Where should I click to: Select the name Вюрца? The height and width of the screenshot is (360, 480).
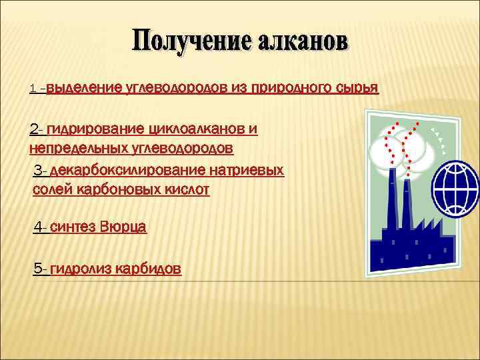point(124,227)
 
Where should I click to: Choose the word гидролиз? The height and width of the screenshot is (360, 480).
point(81,269)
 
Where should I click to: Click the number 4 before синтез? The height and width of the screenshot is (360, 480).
point(38,227)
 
